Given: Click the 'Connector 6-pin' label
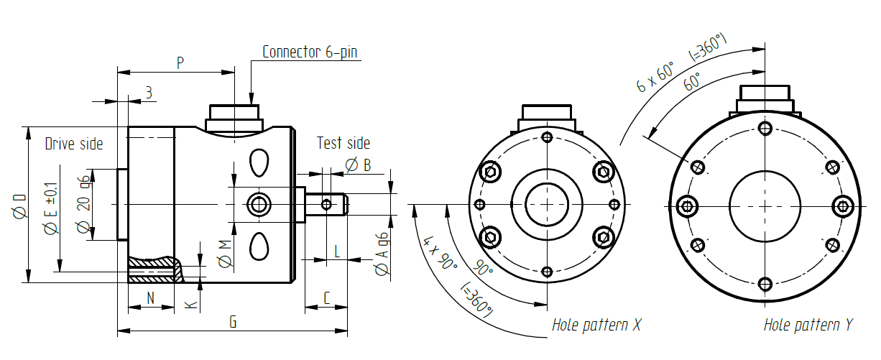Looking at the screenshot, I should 309,52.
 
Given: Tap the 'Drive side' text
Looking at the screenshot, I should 74,144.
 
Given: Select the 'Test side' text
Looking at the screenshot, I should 343,143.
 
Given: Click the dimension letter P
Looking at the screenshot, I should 180,63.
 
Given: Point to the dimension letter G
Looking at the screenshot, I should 232,322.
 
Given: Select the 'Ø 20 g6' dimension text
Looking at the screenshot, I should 83,205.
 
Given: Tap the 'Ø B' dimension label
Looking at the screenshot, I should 358,165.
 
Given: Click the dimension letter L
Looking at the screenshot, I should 337,251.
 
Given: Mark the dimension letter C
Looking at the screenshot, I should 327,297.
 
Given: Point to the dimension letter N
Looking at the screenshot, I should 151,297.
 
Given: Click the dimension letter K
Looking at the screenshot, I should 190,304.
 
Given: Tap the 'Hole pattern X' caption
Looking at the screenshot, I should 596,325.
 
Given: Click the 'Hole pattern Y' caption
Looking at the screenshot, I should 808,325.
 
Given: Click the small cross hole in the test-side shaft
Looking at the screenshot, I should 326,205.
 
